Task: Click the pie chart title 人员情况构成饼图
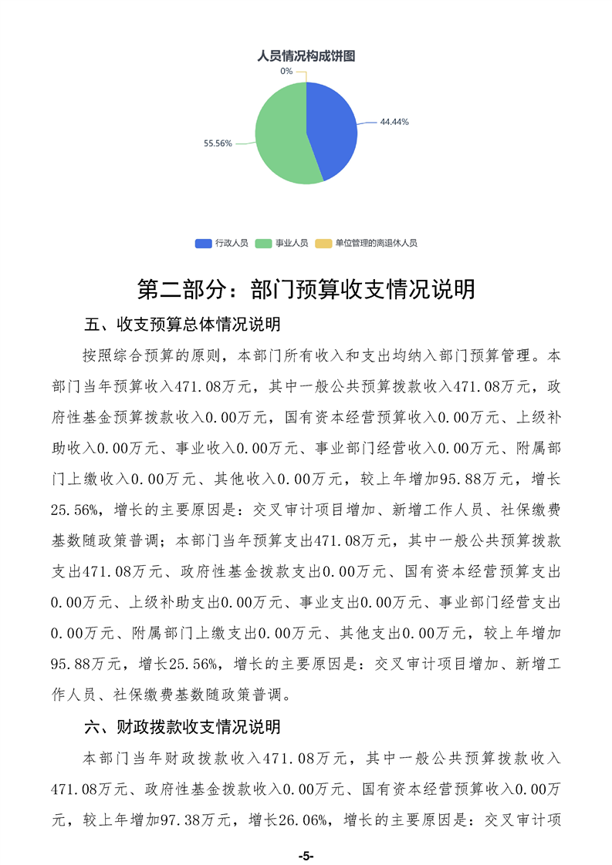tap(306, 56)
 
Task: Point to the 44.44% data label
tap(394, 122)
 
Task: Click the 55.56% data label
tap(218, 143)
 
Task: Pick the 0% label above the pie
tap(286, 71)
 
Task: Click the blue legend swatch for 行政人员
tap(204, 243)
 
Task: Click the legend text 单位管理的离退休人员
tap(376, 243)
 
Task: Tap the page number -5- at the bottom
tap(306, 857)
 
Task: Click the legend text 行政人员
tap(232, 243)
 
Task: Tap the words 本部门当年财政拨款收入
tap(171, 757)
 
